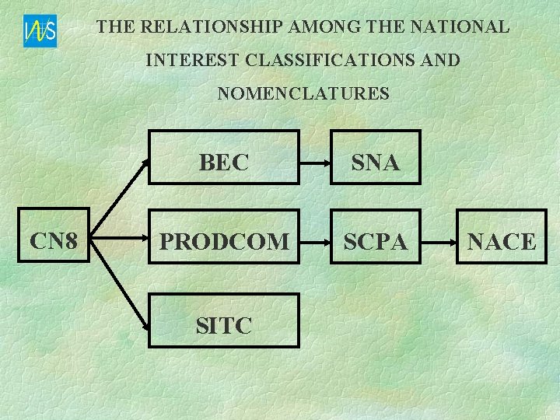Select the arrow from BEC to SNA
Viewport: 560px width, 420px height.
coord(315,163)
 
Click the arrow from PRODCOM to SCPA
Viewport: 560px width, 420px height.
coord(315,242)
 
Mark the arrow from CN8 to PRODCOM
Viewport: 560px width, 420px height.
coord(117,242)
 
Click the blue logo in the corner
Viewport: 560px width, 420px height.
coord(40,31)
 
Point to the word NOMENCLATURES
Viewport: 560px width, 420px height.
coord(303,94)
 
